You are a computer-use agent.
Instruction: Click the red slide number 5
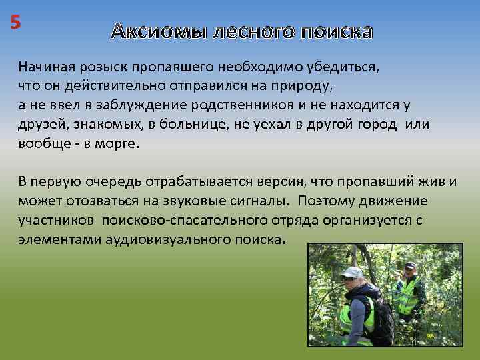coord(15,22)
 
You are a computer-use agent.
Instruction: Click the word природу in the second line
coord(304,87)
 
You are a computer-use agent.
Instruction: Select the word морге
coord(117,144)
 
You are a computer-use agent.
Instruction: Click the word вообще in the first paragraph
coord(43,144)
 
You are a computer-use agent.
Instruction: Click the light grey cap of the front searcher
coord(352,273)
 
